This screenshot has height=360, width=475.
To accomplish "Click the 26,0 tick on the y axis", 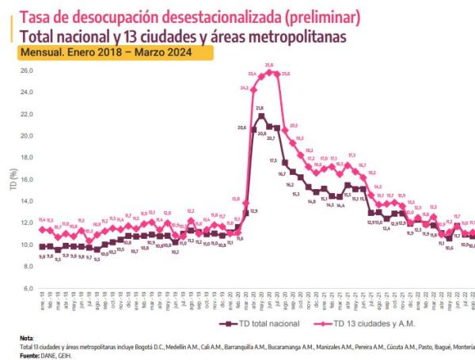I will pyautogui.click(x=26, y=70).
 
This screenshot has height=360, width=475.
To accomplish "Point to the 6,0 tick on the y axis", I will pyautogui.click(x=28, y=288).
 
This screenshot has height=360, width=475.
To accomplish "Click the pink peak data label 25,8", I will pyautogui.click(x=269, y=65).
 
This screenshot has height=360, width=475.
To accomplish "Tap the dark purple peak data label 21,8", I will pyautogui.click(x=260, y=108).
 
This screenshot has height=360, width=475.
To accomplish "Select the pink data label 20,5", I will pyautogui.click(x=293, y=126).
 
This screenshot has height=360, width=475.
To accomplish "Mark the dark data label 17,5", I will pyautogui.click(x=273, y=161).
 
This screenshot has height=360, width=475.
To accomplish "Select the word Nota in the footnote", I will pyautogui.click(x=27, y=338).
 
